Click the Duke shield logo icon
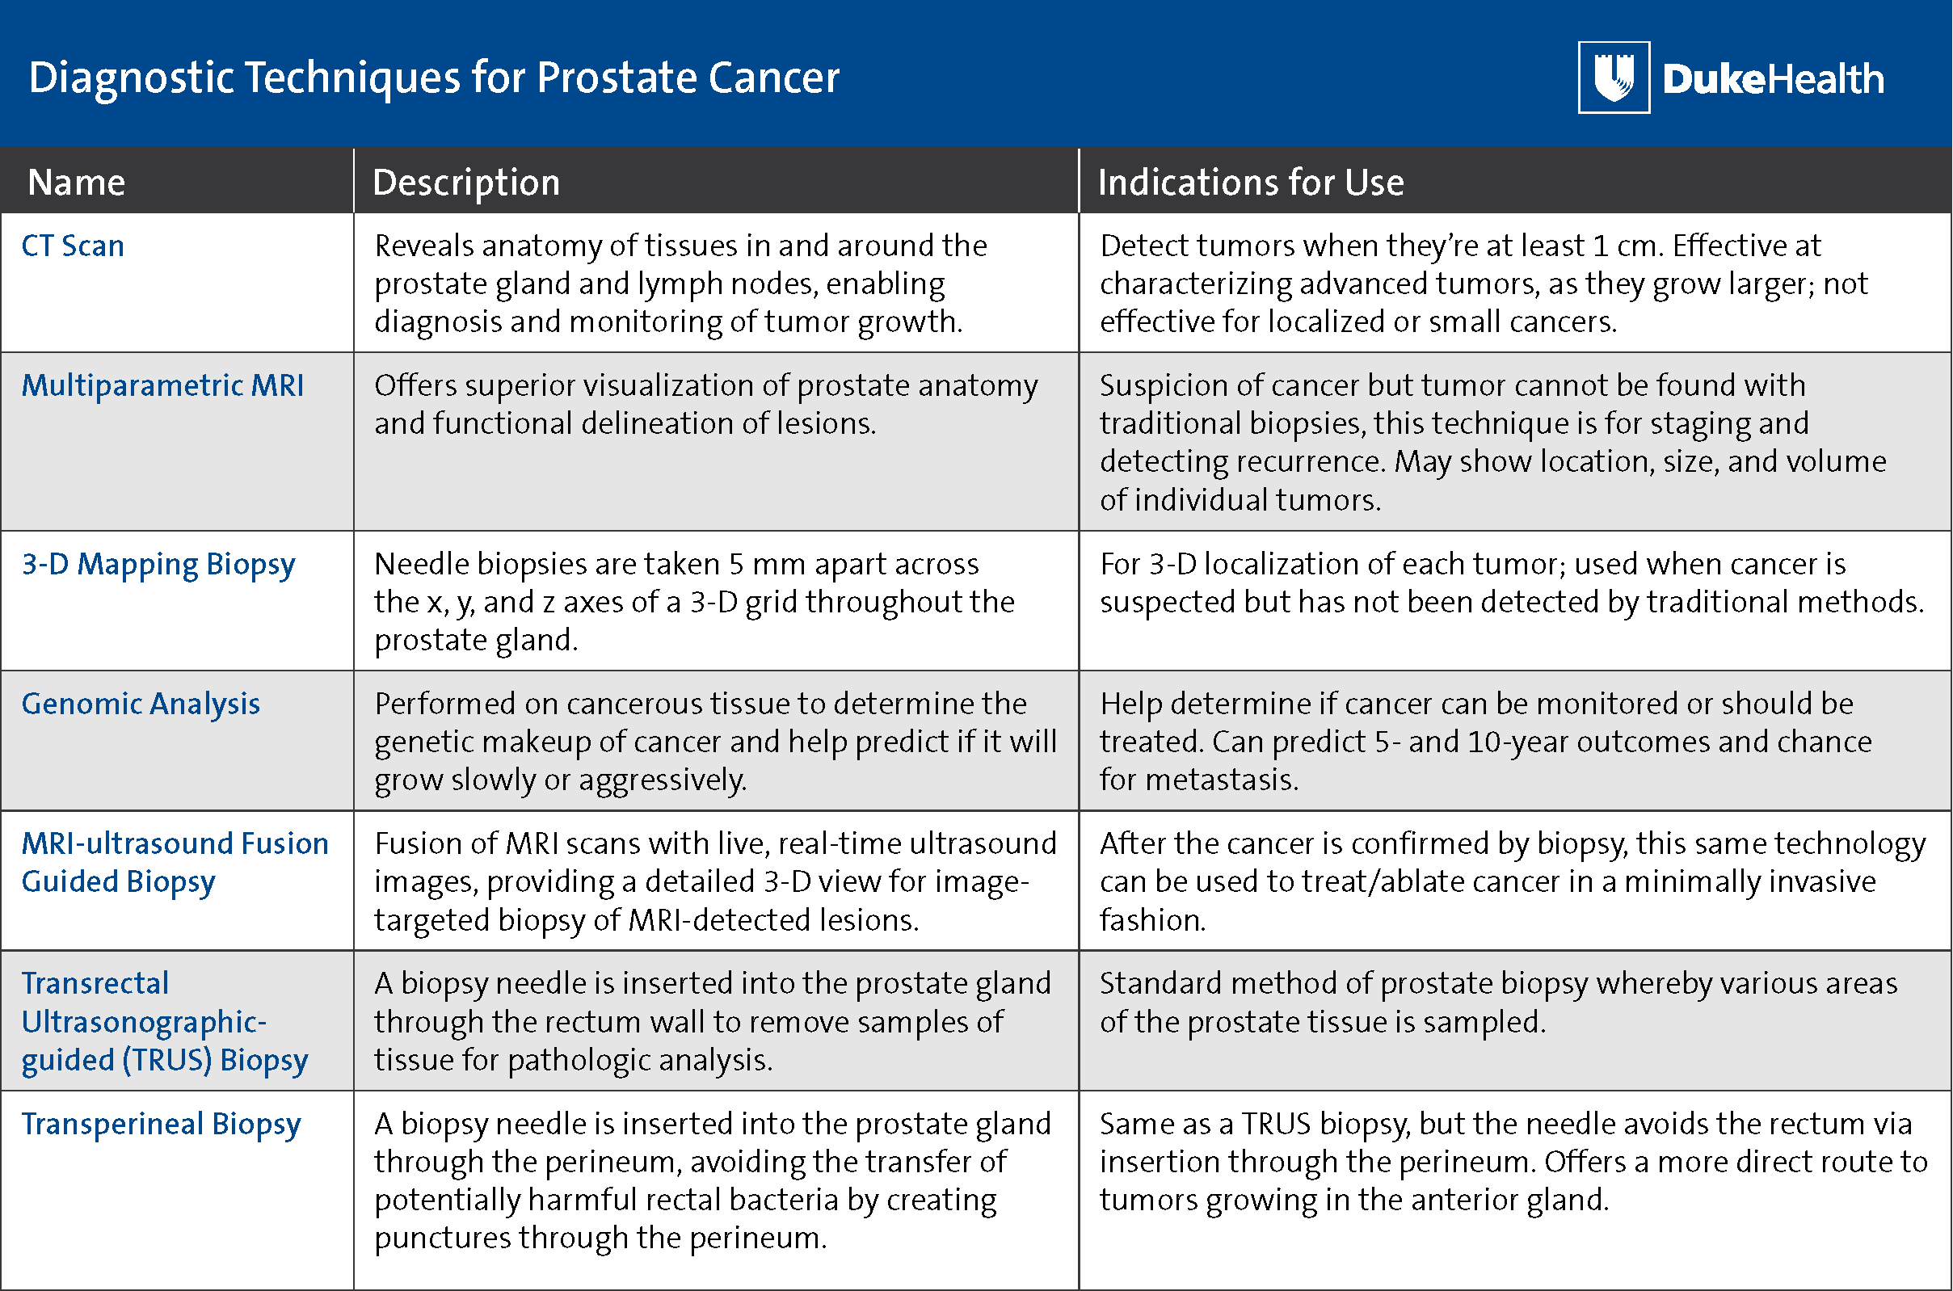(1614, 77)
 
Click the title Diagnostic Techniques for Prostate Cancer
(434, 78)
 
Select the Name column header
(77, 182)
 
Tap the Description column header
(466, 183)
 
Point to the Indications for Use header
(1251, 182)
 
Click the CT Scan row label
(73, 246)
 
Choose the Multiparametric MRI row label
(162, 385)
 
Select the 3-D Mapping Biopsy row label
(158, 565)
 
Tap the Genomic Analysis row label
(141, 704)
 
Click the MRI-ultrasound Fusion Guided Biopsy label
(175, 862)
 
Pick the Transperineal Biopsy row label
(162, 1125)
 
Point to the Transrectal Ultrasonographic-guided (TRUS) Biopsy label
(165, 1022)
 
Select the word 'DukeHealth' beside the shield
(1774, 79)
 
